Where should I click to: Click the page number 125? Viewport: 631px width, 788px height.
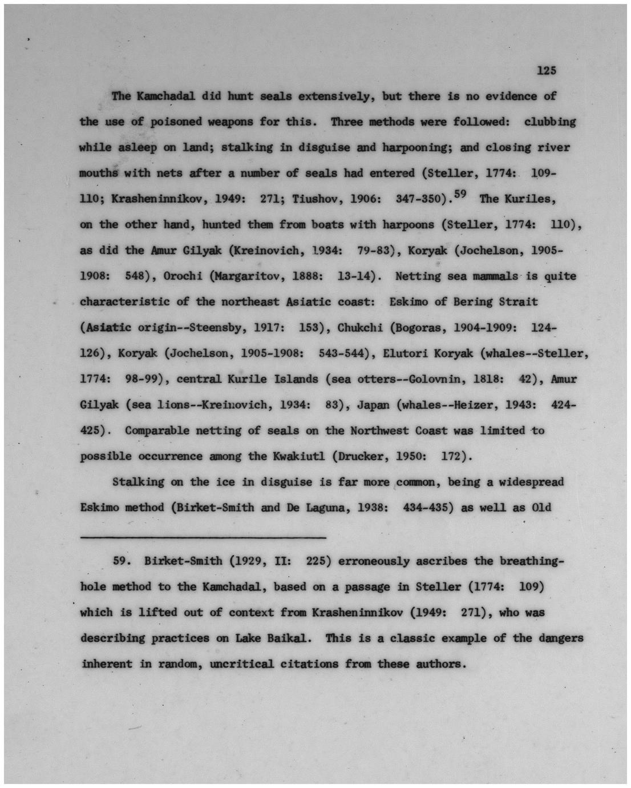click(545, 71)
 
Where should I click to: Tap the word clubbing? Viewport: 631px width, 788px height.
click(549, 122)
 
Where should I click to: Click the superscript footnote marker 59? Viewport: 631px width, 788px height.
click(460, 195)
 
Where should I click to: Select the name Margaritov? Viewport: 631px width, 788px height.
click(249, 276)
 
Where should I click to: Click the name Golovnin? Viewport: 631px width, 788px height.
click(467, 379)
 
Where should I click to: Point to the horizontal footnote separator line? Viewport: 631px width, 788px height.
click(203, 537)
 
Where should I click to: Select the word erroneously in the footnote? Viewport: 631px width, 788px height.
click(373, 561)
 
